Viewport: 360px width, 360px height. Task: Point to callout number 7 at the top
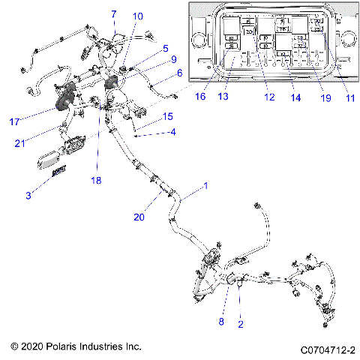pos(114,14)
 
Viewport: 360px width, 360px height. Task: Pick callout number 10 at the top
pos(138,16)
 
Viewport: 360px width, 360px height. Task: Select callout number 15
pos(168,116)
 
